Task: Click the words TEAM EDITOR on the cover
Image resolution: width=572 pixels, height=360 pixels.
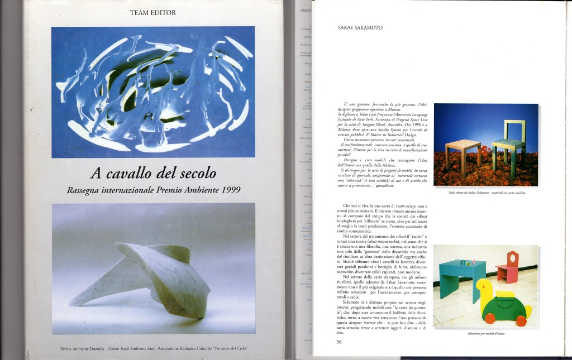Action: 153,12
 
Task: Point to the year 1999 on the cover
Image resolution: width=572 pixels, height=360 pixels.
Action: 229,190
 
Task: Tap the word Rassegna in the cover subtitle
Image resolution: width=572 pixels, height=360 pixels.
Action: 89,190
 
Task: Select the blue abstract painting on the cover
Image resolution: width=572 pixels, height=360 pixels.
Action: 153,92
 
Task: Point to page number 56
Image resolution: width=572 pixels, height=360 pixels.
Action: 340,342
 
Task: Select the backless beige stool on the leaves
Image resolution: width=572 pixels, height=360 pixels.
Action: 463,153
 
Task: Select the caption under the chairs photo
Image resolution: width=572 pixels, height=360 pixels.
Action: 485,193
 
